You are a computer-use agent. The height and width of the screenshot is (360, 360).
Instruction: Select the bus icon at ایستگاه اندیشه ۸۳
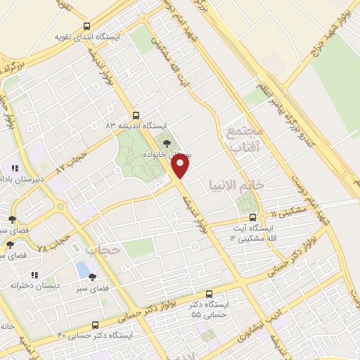(136, 115)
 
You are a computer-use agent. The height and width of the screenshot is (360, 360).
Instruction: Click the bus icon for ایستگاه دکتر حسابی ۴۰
(96, 325)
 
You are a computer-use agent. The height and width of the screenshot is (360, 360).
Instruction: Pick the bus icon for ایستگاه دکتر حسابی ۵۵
(208, 295)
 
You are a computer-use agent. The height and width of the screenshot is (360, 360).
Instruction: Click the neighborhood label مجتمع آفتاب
(245, 139)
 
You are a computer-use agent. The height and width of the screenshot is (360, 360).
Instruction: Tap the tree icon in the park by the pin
(166, 141)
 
